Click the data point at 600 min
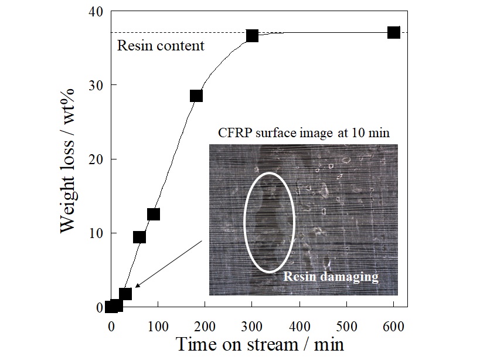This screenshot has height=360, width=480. click(x=394, y=32)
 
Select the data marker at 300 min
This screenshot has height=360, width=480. click(x=252, y=35)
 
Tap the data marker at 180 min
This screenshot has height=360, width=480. click(x=196, y=96)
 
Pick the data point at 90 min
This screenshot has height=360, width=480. click(x=154, y=214)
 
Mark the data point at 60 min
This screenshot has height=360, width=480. click(x=139, y=237)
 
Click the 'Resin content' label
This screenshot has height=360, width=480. click(x=161, y=46)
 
